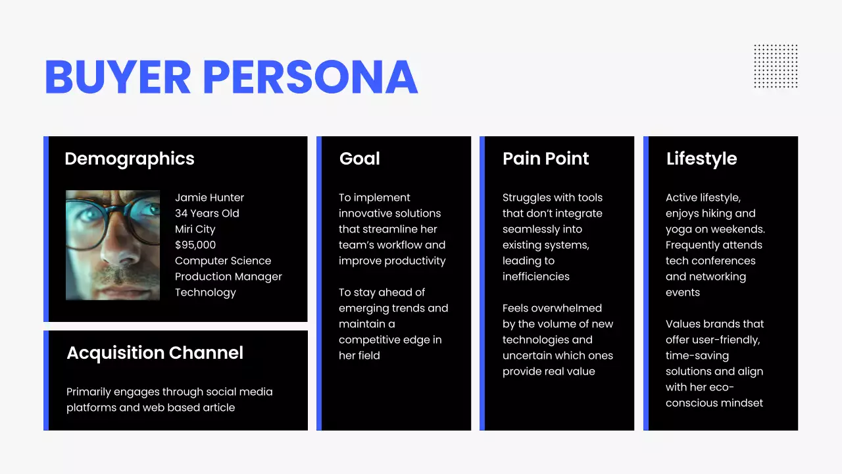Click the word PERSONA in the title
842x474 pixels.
tap(310, 77)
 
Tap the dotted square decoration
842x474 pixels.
tap(776, 66)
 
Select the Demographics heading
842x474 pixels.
tap(130, 159)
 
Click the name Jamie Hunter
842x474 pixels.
tap(209, 197)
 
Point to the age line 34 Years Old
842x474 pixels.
tap(207, 213)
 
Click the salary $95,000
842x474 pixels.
tap(195, 245)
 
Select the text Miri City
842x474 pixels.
tap(195, 229)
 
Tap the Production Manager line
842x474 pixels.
tap(228, 276)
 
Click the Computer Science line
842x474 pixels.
tap(222, 261)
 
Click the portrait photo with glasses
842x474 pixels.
tap(112, 245)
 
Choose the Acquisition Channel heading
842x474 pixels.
tap(155, 353)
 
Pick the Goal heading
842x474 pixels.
tap(359, 159)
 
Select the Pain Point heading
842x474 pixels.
tap(545, 159)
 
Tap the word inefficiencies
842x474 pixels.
tap(535, 276)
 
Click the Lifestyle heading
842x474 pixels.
tap(701, 159)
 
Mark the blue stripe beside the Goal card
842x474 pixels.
tap(319, 283)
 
